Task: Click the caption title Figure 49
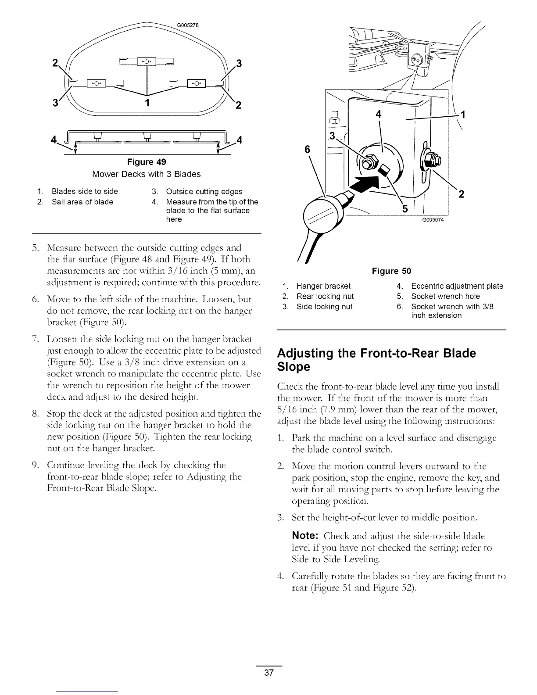coord(147,162)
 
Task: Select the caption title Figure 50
coord(391,271)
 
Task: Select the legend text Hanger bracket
coord(323,286)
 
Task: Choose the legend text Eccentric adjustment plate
coord(457,286)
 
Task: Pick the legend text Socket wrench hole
coord(445,296)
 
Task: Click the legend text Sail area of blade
coord(82,202)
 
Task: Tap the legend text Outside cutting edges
coord(204,192)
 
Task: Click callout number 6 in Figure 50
coord(307,150)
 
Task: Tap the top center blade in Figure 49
coord(143,61)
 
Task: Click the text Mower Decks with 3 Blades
coord(147,174)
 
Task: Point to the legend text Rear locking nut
coord(325,296)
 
